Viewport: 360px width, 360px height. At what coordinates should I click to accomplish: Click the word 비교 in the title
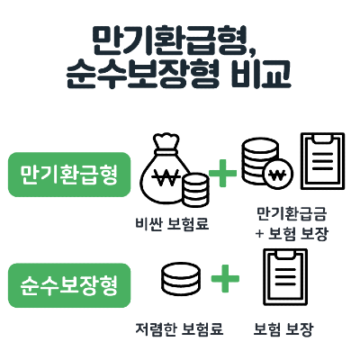[x=261, y=74]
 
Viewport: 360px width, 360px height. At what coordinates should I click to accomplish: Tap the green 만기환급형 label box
[x=69, y=175]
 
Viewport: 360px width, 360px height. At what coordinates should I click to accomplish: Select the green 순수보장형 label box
[x=69, y=285]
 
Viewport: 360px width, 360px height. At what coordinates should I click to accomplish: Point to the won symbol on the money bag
[x=166, y=176]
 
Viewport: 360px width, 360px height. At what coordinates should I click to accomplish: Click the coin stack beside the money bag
[x=195, y=190]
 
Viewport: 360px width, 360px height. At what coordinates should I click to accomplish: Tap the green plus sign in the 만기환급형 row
[x=222, y=174]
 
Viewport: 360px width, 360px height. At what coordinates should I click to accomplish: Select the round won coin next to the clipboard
[x=278, y=174]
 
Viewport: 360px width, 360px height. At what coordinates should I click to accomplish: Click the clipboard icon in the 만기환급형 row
[x=322, y=161]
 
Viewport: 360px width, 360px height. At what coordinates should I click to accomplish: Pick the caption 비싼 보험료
[x=172, y=224]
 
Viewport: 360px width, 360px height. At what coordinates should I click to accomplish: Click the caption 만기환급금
[x=292, y=213]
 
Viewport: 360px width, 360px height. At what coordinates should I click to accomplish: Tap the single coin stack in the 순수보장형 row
[x=181, y=279]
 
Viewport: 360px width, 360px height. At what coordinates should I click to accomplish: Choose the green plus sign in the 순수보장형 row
[x=225, y=278]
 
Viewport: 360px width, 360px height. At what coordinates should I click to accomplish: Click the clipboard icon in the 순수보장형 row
[x=285, y=277]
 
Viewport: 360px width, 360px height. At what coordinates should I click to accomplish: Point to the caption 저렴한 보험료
[x=179, y=329]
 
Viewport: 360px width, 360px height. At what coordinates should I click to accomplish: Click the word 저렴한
[x=155, y=329]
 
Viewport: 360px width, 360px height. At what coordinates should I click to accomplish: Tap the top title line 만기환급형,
[x=174, y=41]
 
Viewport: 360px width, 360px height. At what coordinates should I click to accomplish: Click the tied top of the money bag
[x=166, y=141]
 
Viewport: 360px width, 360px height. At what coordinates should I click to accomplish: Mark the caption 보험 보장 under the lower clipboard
[x=283, y=329]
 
